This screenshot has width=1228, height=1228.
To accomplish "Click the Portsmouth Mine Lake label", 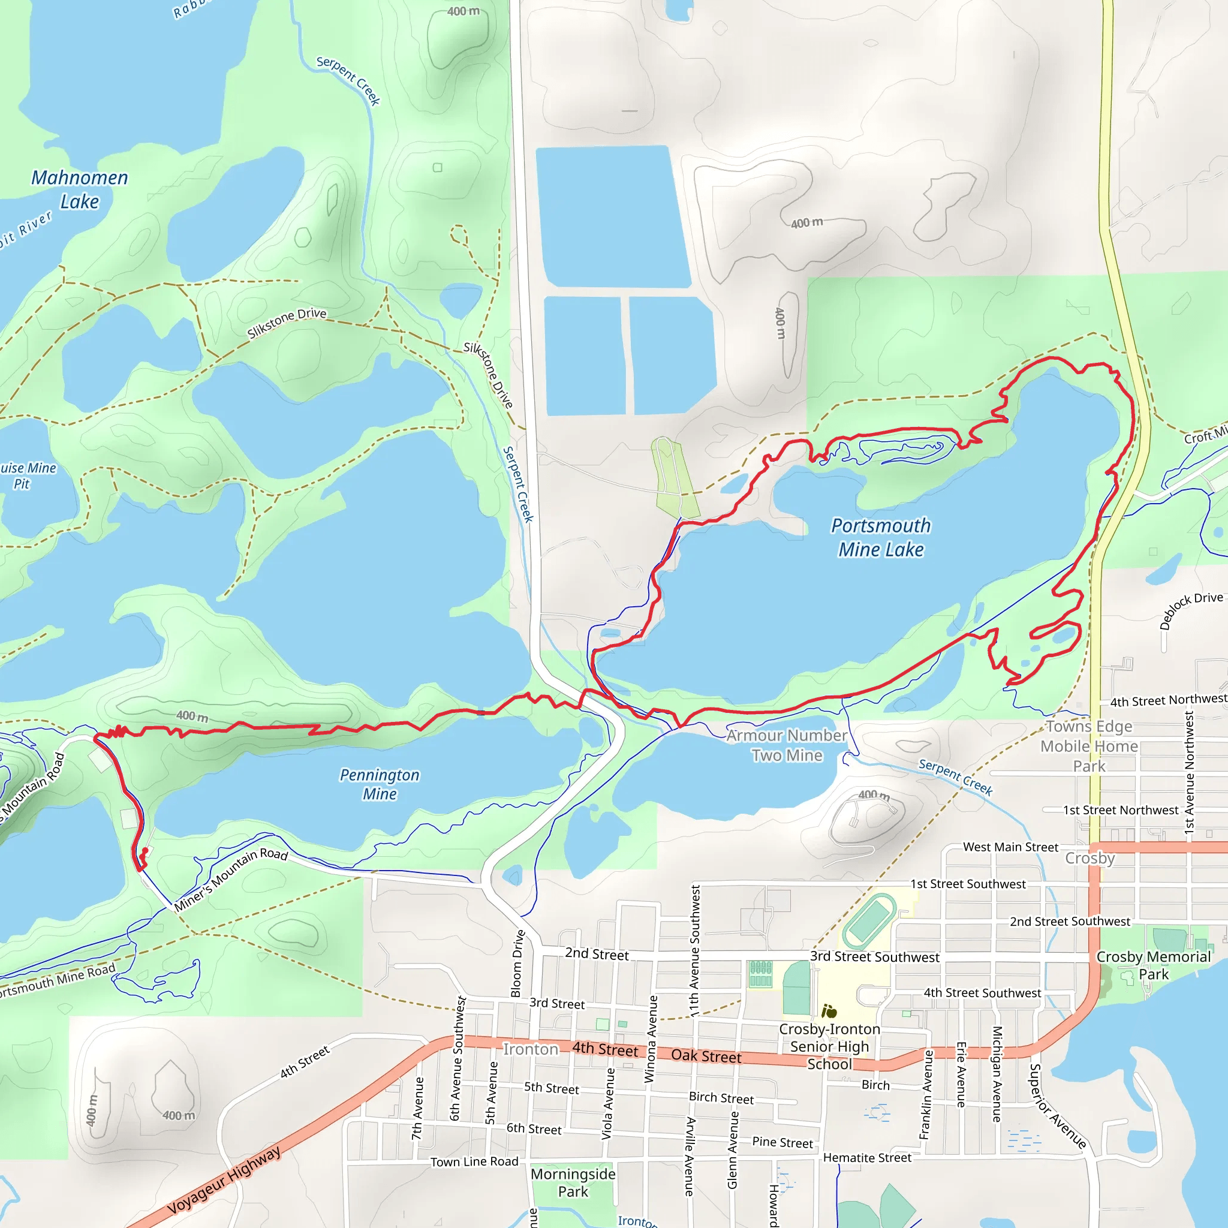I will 880,537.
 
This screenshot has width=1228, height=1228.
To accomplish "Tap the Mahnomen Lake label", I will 80,189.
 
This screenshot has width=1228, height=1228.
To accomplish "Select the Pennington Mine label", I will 380,784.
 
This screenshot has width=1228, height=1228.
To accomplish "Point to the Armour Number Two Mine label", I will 787,745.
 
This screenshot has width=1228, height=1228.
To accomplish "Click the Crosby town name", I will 1089,858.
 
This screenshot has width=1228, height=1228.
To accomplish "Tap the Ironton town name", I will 530,1049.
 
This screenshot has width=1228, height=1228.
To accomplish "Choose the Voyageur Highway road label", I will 224,1180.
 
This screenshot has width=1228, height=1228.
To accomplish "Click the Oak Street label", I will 706,1056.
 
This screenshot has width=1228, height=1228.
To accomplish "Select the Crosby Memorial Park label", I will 1153,965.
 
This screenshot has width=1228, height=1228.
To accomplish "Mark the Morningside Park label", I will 573,1182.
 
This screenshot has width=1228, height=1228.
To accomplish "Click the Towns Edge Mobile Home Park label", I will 1089,746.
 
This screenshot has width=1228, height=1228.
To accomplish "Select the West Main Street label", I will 1010,847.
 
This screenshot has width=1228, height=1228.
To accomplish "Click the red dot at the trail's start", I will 146,850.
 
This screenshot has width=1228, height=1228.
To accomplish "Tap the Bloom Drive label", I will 518,963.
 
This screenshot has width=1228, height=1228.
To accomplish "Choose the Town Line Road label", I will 474,1161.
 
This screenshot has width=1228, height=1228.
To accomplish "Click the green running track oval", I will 870,920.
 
